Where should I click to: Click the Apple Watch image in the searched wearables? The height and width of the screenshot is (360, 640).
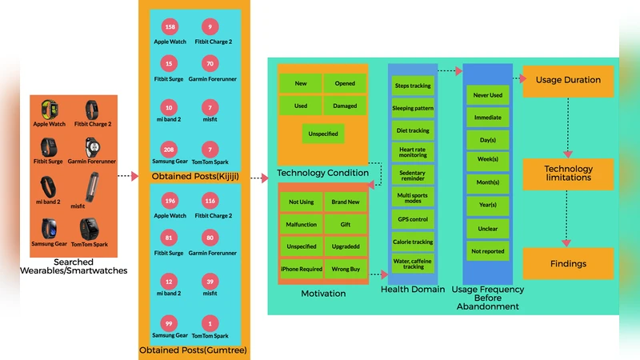coord(48,108)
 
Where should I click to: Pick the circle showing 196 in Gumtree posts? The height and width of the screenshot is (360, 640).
coord(169,202)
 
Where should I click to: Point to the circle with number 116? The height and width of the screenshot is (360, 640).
coord(210,202)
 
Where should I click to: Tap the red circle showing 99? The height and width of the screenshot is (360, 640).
coord(169,322)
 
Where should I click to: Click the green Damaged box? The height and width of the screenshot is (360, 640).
coord(345,106)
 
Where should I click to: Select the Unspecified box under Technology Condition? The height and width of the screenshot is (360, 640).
coord(323,134)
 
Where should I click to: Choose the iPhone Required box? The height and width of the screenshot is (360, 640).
coord(301,269)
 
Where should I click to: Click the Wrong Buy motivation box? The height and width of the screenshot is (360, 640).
coord(345,269)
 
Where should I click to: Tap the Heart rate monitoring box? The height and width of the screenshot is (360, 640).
coord(413,152)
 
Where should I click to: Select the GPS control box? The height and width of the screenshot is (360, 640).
coord(413,218)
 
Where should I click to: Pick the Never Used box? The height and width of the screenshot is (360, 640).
coord(488,95)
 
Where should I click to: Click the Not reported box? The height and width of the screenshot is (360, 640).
coord(488,251)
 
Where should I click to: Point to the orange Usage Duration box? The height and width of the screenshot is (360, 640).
coord(567,81)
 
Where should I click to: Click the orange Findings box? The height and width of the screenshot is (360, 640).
coord(567,263)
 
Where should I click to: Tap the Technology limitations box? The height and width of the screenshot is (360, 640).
coord(567,174)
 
